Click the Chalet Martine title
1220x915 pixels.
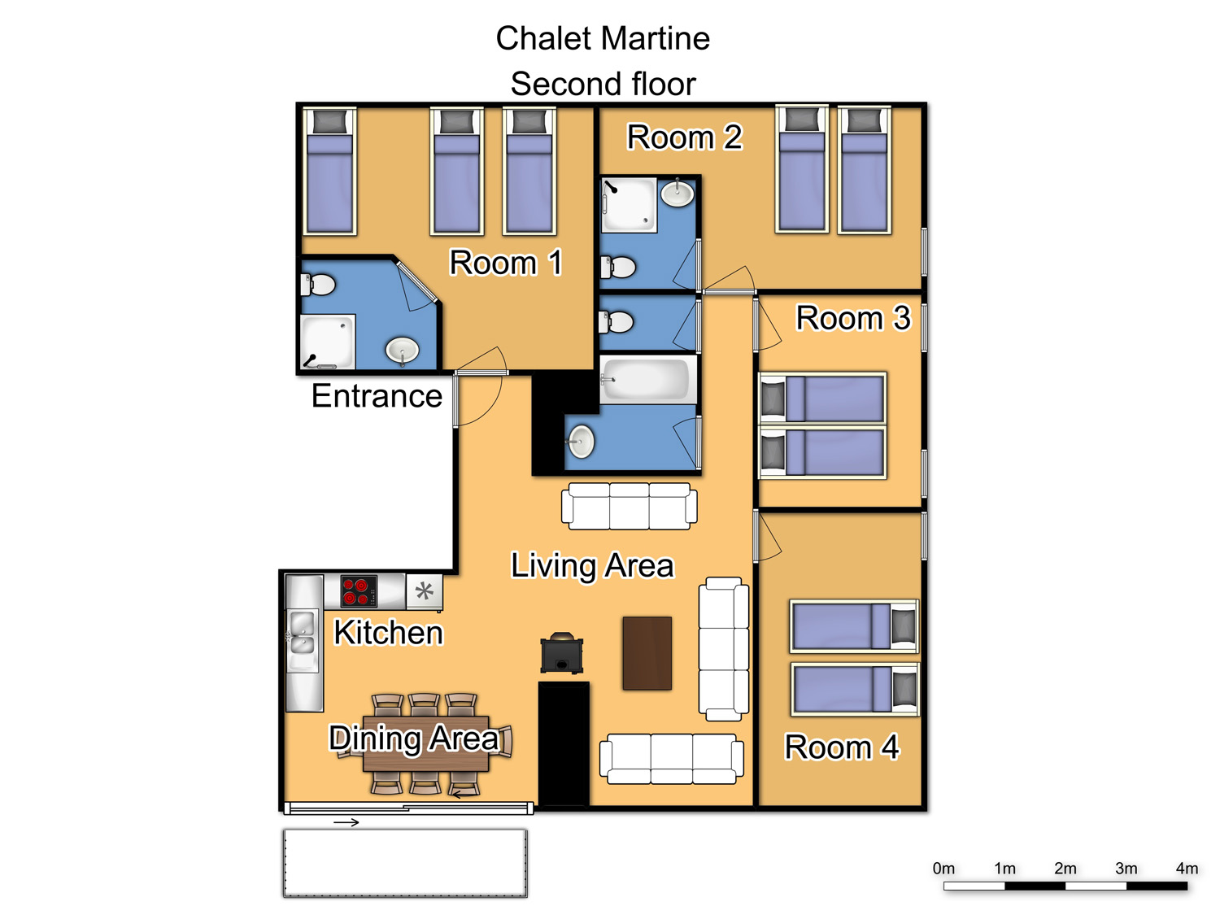point(603,38)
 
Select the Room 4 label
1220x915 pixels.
point(841,747)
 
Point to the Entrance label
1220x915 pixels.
point(377,395)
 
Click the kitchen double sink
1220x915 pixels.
point(302,633)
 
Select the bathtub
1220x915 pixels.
point(647,380)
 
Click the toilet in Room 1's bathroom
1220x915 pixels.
point(319,285)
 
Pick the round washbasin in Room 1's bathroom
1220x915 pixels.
point(403,350)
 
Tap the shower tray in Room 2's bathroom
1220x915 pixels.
point(630,204)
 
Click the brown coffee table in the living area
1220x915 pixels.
point(647,653)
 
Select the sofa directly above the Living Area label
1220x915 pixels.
point(630,506)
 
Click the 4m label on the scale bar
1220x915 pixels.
point(1186,869)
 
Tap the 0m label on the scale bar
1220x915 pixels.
point(943,869)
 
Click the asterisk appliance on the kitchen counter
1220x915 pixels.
point(425,591)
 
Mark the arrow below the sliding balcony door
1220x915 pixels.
point(346,822)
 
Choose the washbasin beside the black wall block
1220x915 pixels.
point(581,442)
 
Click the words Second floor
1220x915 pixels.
point(603,84)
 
